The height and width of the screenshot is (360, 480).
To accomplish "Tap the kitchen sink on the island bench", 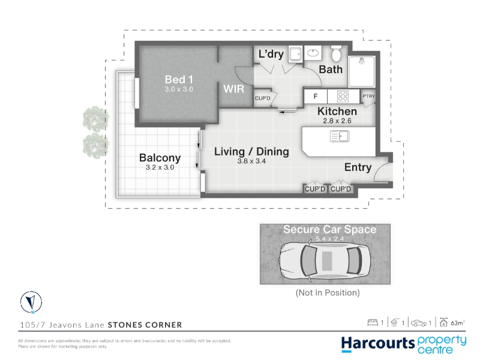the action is coord(340,136).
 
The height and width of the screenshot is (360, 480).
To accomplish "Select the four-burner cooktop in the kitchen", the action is coord(343,97).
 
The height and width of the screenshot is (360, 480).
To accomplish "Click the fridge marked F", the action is coord(316,97).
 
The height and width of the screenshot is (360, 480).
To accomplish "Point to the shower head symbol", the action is coord(362,61).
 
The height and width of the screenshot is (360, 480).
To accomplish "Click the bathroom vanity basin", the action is coord(313,53).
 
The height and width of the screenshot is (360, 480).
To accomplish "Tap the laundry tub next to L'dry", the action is coord(295,54).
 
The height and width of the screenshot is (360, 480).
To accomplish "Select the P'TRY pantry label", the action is coord(368,96).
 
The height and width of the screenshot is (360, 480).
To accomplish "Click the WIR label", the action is coord(233,89).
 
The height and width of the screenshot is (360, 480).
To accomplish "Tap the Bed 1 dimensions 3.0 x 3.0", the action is coord(179,89).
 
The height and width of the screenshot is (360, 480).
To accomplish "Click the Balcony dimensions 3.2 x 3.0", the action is coord(160,167).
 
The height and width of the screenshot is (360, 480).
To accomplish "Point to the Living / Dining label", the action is coord(251,152).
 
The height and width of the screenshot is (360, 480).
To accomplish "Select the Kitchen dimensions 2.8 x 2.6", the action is coord(337,121).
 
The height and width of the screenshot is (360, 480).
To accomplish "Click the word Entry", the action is coord(358,167).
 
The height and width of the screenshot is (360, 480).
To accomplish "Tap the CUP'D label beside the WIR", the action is coord(263,98).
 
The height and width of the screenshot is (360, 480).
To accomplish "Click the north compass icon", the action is coord(31,302).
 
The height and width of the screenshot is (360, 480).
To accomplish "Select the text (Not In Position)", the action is coord(328,293).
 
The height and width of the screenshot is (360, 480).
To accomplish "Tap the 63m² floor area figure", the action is coord(458,323).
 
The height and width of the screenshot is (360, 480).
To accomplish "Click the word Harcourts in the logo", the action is coord(378,344).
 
